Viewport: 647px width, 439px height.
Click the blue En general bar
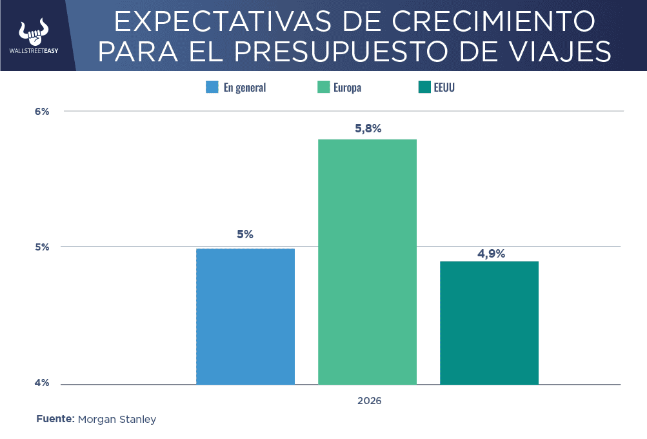pos(246,316)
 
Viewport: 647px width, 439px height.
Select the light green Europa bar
pos(367,261)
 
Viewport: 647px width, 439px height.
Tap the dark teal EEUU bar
pos(489,323)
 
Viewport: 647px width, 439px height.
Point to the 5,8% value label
pos(368,128)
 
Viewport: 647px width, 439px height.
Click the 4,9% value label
pos(491,254)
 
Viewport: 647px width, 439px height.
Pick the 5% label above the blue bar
pos(245,234)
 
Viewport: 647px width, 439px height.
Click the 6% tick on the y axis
pos(42,112)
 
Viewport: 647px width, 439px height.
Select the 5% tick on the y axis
pos(42,247)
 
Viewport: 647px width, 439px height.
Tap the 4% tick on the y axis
pos(42,383)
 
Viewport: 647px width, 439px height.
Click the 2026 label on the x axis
pos(370,401)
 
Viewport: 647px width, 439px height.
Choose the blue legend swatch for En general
pos(212,87)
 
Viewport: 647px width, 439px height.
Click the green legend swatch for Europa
pos(323,87)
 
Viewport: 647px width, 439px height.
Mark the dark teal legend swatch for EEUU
pos(424,87)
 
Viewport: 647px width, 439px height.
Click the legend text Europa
pos(348,88)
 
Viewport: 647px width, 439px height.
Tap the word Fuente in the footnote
pos(55,419)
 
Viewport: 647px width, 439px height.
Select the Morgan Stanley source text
pos(117,420)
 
